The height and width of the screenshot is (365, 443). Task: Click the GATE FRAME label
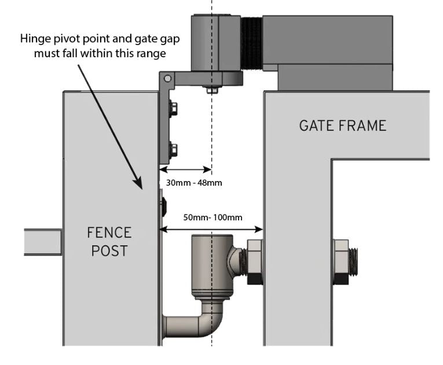click(x=342, y=125)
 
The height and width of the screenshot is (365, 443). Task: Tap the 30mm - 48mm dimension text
click(x=194, y=183)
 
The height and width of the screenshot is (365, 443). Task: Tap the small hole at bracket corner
click(x=167, y=78)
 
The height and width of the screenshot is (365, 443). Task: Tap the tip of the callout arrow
click(x=141, y=188)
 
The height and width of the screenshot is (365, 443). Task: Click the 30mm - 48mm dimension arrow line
click(x=185, y=170)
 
